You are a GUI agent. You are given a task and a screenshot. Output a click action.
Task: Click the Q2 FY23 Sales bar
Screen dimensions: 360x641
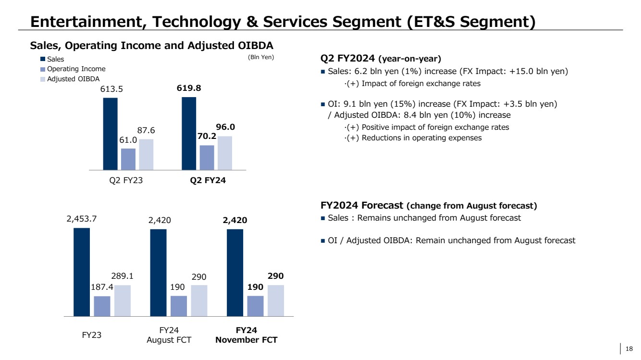[x=111, y=134]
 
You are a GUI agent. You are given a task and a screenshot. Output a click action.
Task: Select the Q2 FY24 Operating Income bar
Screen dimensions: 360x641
[x=207, y=158]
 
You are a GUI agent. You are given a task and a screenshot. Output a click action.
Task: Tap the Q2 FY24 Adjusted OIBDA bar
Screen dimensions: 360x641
[x=225, y=153]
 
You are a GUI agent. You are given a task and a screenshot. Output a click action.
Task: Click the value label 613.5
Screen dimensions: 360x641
[x=110, y=89]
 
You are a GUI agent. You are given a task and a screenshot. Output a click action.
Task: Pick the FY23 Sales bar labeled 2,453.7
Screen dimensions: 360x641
[x=82, y=272]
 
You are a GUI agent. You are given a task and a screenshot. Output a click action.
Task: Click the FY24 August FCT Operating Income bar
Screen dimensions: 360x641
[x=179, y=306]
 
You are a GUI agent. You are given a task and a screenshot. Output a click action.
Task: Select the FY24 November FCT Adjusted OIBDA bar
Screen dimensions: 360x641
[x=276, y=301]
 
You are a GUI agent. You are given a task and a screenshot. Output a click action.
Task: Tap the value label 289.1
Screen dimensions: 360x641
[x=122, y=276]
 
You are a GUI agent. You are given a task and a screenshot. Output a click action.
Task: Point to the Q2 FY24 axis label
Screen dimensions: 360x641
[x=207, y=181]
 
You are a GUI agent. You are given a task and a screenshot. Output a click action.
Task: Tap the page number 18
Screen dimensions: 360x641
[x=630, y=349]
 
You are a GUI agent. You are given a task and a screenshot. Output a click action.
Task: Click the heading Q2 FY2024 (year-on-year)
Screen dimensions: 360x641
[x=381, y=59]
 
